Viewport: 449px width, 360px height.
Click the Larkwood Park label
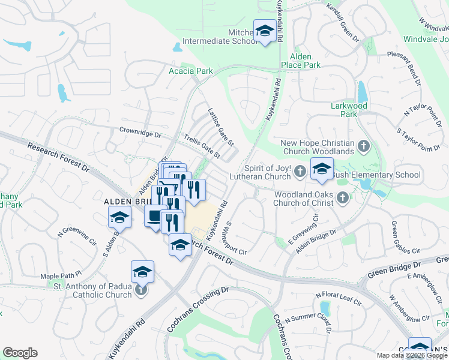pyautogui.click(x=348, y=109)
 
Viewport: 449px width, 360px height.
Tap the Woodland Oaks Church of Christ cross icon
pyautogui.click(x=342, y=197)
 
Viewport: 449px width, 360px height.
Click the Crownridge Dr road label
pyautogui.click(x=140, y=131)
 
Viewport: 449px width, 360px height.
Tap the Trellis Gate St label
pyautogui.click(x=202, y=146)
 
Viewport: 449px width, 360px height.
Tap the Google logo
pyautogui.click(x=20, y=353)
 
